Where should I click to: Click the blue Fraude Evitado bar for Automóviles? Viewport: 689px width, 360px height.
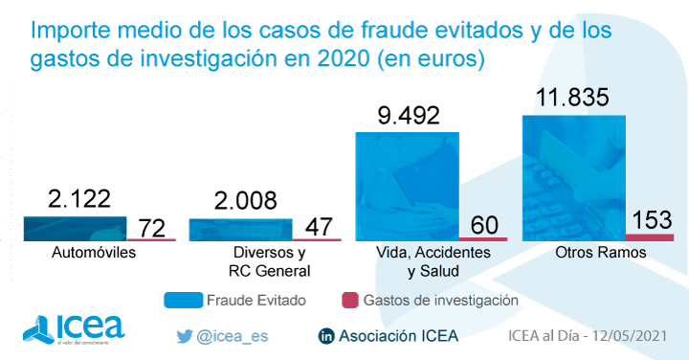(75, 228)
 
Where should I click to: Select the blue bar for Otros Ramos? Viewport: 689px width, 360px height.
(572, 177)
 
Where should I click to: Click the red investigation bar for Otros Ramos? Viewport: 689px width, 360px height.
(650, 236)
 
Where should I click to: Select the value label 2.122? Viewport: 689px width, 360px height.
(79, 198)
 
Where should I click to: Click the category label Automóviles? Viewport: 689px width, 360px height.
(93, 253)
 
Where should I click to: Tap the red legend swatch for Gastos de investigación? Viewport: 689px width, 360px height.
(349, 300)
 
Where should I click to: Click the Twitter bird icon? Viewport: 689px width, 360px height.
(185, 336)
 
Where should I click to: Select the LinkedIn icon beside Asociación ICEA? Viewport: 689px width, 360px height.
(325, 336)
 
